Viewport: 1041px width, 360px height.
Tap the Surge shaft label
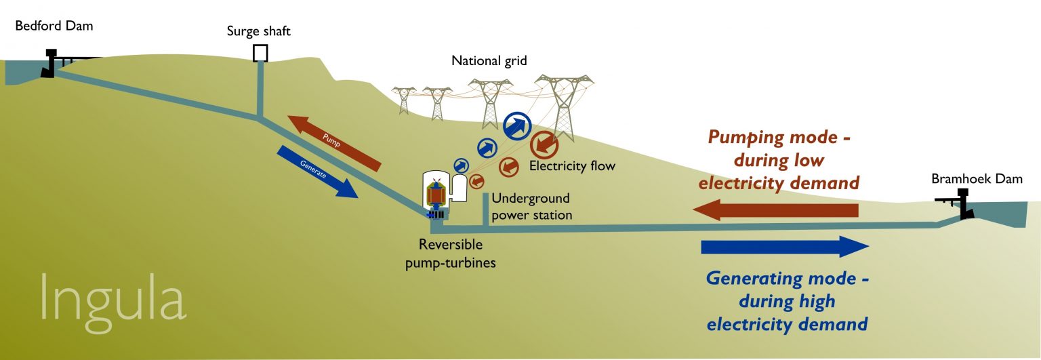click(x=259, y=31)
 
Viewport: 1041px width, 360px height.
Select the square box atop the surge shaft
click(x=260, y=54)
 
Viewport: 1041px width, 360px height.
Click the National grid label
click(x=489, y=62)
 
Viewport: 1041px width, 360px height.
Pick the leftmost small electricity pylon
click(x=405, y=100)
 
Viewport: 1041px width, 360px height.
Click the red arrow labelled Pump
click(x=333, y=143)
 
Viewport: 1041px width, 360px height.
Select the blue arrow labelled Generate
click(x=317, y=172)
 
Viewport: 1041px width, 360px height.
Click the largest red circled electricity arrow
click(x=544, y=145)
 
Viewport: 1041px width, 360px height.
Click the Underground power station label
click(x=531, y=207)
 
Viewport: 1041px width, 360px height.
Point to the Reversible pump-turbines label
click(x=451, y=254)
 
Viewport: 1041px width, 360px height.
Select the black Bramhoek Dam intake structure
click(x=960, y=205)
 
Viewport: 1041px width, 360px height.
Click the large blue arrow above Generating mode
click(x=785, y=247)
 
